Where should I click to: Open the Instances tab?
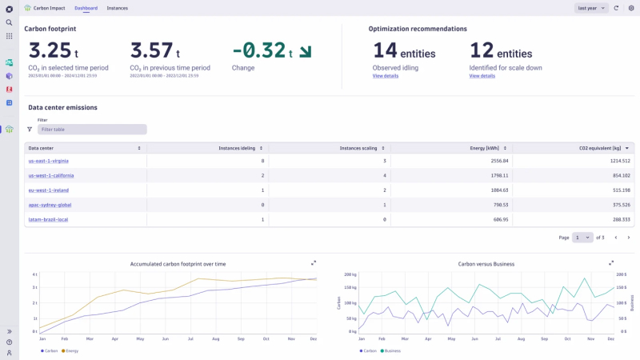tap(117, 8)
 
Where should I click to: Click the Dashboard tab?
tap(86, 8)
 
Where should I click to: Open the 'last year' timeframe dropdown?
tap(590, 8)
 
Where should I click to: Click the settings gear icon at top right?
tap(631, 8)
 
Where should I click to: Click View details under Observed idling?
tap(386, 76)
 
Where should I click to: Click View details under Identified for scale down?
tap(482, 76)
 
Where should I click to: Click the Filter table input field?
tap(92, 129)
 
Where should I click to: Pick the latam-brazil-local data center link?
tap(48, 219)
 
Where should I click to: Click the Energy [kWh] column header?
tap(486, 148)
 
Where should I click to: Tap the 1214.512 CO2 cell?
tap(615, 162)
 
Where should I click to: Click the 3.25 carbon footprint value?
tap(50, 50)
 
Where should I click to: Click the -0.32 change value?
tap(259, 50)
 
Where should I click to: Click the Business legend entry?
tap(392, 350)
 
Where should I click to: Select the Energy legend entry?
tap(70, 350)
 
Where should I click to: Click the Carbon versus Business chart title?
tap(486, 263)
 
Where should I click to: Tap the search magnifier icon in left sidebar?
tap(9, 22)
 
